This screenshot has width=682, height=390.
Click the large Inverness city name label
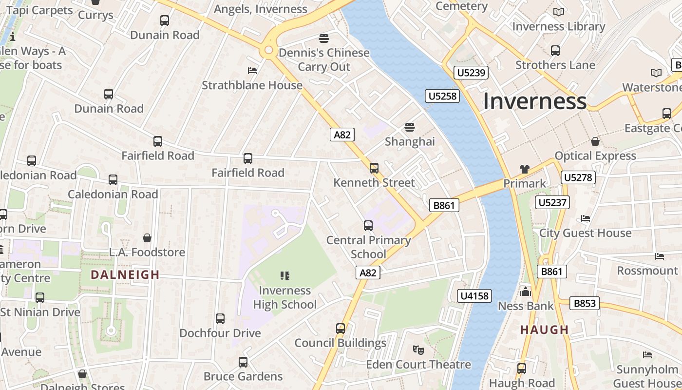tap(534, 101)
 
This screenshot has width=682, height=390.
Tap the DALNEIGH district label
tap(125, 274)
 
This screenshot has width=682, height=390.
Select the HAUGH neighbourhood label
tap(545, 330)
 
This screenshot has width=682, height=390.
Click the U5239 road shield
tap(471, 73)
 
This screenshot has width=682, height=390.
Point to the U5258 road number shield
tap(442, 96)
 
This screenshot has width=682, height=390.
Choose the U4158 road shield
tap(475, 295)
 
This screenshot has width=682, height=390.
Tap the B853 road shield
tap(585, 303)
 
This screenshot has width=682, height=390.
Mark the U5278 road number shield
tap(578, 177)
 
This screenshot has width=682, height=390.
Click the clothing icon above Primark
tap(524, 169)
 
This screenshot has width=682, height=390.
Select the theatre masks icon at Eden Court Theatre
tap(418, 350)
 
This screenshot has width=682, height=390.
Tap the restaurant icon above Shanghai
tap(409, 127)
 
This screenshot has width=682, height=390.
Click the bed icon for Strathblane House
tap(252, 71)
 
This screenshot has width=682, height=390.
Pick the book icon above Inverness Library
tap(558, 12)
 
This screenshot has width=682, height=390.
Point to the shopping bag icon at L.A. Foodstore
tap(147, 238)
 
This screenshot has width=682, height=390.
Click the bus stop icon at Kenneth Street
tap(374, 168)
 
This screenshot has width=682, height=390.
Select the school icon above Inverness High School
tap(285, 276)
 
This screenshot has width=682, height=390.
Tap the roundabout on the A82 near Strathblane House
tap(268, 50)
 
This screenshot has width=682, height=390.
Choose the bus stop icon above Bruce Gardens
tap(243, 362)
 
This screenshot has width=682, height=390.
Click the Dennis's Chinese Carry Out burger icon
tap(324, 38)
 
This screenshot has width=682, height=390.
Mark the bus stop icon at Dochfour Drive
tap(220, 319)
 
